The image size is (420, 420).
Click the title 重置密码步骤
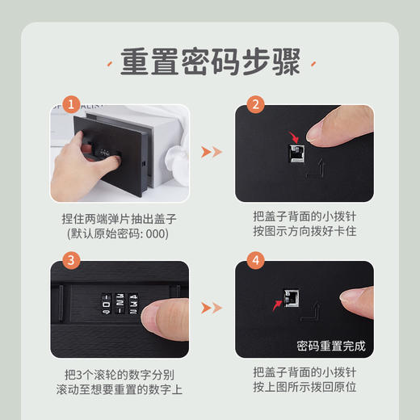[x=210, y=62]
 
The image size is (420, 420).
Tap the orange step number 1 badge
[x=73, y=105]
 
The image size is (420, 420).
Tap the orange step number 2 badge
[x=255, y=105]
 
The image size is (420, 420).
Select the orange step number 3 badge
[x=73, y=260]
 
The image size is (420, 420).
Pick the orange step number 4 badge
[x=255, y=260]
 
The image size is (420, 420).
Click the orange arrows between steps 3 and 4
[x=211, y=307]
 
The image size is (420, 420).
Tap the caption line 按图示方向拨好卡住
[x=304, y=233]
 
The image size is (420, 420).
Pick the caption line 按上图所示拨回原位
[x=304, y=388]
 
